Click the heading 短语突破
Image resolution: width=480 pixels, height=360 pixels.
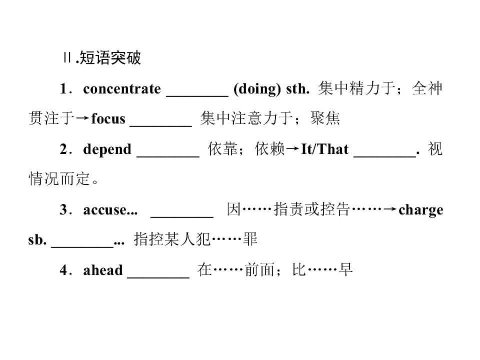pyautogui.click(x=110, y=58)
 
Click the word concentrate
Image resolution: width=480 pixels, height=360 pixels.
pyautogui.click(x=122, y=89)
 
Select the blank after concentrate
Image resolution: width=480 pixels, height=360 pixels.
pyautogui.click(x=197, y=96)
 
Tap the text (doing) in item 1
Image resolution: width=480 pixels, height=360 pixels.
pyautogui.click(x=257, y=89)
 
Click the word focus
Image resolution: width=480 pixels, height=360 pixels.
pyautogui.click(x=108, y=118)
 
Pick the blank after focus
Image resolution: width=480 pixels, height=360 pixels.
pyautogui.click(x=161, y=125)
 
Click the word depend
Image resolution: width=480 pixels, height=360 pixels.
pyautogui.click(x=107, y=149)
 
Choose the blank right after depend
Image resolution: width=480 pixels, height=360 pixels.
pyautogui.click(x=168, y=156)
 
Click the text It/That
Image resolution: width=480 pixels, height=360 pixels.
pyautogui.click(x=325, y=149)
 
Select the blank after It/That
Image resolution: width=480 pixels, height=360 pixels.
pyautogui.click(x=385, y=156)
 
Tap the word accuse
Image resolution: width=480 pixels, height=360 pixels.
pyautogui.click(x=104, y=210)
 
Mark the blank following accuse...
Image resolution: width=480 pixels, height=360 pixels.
pyautogui.click(x=182, y=217)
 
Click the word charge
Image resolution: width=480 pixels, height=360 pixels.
pyautogui.click(x=421, y=210)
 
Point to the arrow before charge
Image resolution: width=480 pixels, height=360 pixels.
pyautogui.click(x=390, y=209)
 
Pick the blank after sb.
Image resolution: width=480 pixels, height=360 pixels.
pyautogui.click(x=82, y=246)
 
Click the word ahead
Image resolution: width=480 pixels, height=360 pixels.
pyautogui.click(x=103, y=270)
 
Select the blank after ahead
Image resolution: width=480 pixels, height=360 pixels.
pyautogui.click(x=158, y=277)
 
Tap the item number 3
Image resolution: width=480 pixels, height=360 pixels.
pyautogui.click(x=63, y=209)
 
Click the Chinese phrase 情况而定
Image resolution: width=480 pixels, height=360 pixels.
pyautogui.click(x=59, y=179)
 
